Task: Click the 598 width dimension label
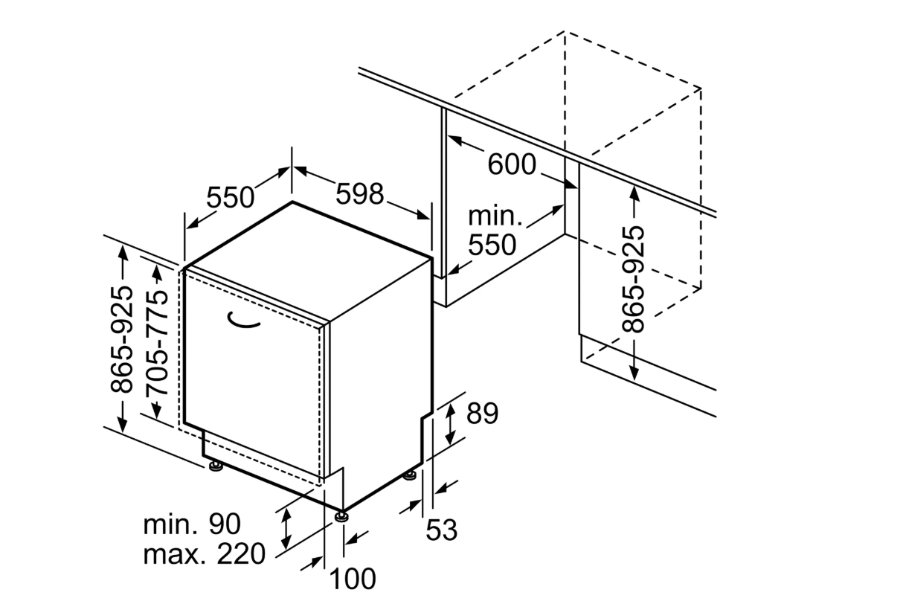(x=359, y=194)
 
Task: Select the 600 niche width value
(x=512, y=164)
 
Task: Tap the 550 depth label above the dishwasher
(x=230, y=198)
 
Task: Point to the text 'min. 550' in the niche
(x=493, y=231)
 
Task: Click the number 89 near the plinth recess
(x=482, y=414)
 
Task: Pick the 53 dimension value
(x=441, y=530)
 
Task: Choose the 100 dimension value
(x=352, y=578)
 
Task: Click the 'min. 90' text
(x=192, y=524)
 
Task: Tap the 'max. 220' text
(x=204, y=554)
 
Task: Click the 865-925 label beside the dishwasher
(x=122, y=338)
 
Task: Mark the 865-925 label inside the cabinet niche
(x=634, y=277)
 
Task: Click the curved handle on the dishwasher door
(x=244, y=321)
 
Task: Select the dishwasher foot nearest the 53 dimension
(x=410, y=475)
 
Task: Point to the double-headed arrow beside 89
(x=450, y=424)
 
